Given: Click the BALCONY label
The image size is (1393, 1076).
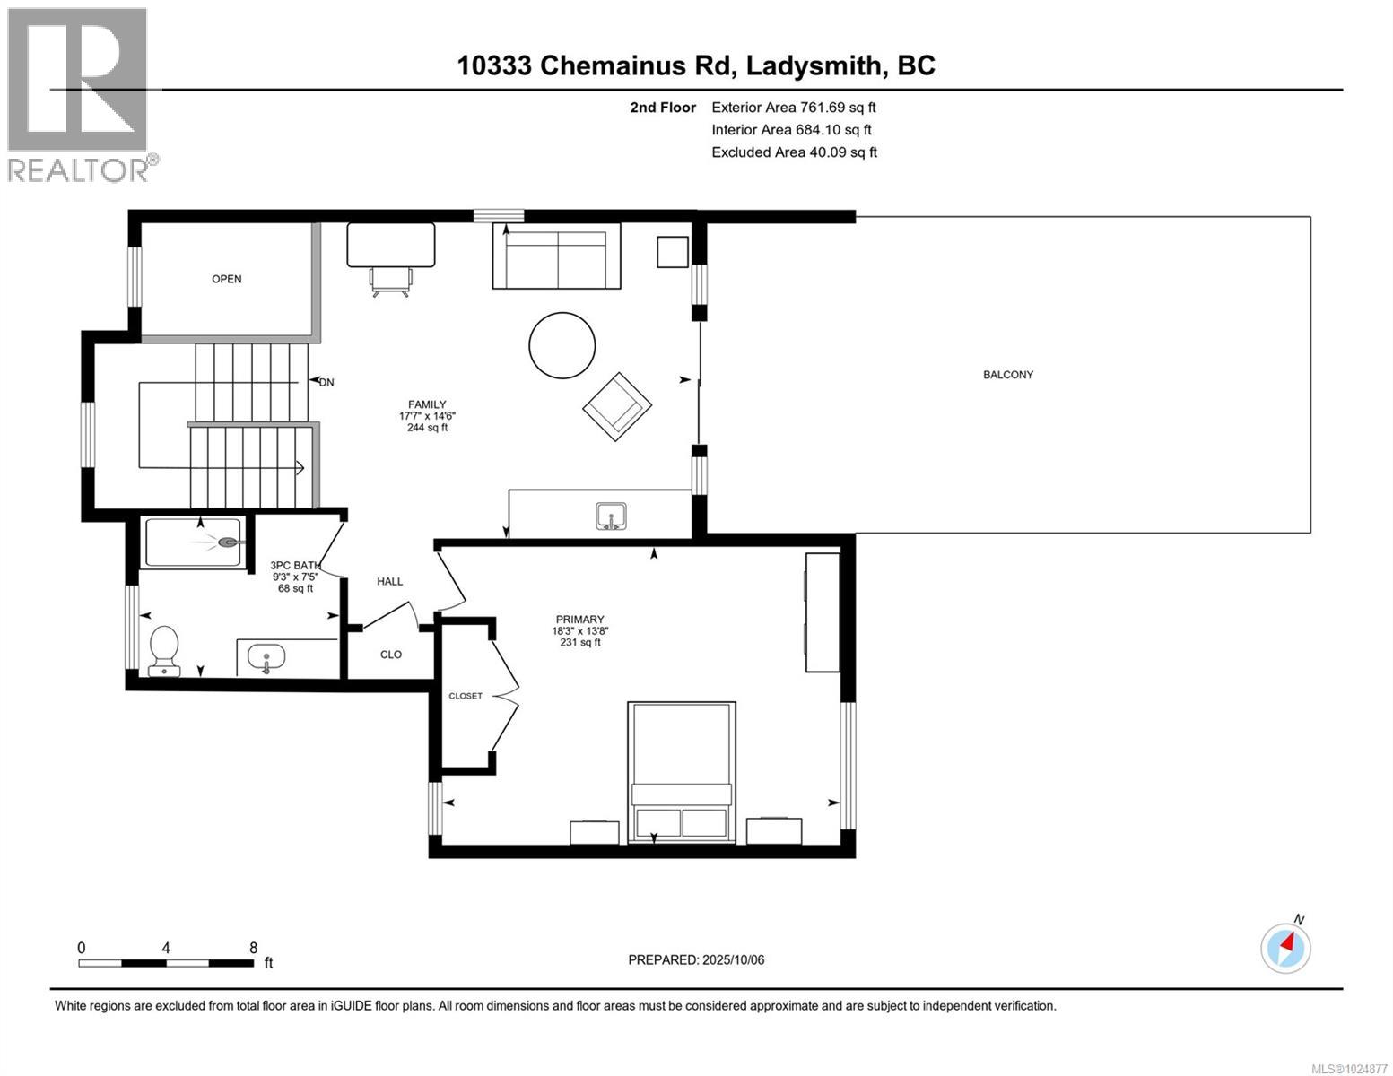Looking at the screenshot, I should click(x=1007, y=375).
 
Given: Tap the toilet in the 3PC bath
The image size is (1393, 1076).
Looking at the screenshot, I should click(x=164, y=649).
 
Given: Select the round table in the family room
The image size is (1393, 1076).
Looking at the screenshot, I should click(x=562, y=345).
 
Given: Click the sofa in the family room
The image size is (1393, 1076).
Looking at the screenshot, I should click(x=556, y=256).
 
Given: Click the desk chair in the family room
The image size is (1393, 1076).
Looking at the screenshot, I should click(x=390, y=281).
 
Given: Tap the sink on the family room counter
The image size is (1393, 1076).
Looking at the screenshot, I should click(x=612, y=516).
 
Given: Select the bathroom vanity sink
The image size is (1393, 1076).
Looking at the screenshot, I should click(x=266, y=657).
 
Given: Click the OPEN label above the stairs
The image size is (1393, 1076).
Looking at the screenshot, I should click(x=226, y=279).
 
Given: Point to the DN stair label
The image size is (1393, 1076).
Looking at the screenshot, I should click(x=326, y=382).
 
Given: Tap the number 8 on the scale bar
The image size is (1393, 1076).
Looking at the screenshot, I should click(x=254, y=947).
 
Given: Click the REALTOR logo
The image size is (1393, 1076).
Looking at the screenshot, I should click(x=79, y=94).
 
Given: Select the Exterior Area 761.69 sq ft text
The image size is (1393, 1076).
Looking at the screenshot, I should click(x=793, y=108).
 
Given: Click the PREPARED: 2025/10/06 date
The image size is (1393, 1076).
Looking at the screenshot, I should click(x=696, y=959).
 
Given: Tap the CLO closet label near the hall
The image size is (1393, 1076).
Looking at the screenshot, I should click(x=391, y=655).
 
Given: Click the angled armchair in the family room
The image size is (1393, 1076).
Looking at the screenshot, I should click(x=617, y=406).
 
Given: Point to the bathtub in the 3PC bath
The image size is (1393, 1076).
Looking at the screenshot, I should click(x=193, y=542).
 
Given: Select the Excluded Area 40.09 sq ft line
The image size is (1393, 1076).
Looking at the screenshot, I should click(x=794, y=152).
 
